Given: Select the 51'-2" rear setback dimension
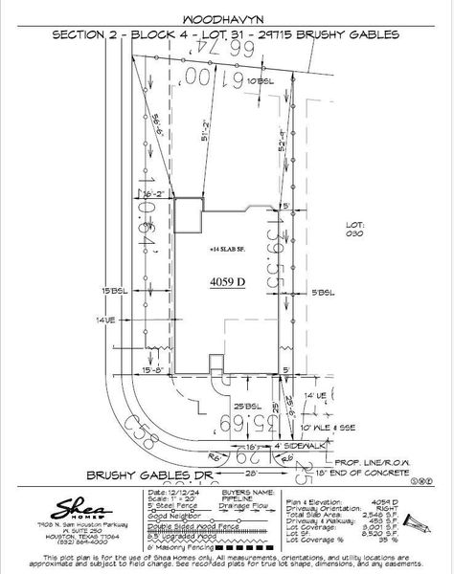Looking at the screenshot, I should click(193, 139).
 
